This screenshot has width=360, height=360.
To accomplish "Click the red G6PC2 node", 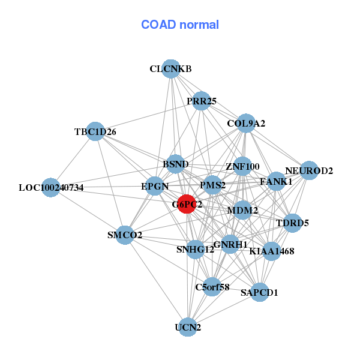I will [187, 204].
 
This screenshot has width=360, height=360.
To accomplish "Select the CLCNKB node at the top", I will [171, 69].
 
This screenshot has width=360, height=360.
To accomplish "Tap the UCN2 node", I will [188, 327].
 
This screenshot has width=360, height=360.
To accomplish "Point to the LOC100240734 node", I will [51, 188].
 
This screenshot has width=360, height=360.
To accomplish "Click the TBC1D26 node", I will [95, 131].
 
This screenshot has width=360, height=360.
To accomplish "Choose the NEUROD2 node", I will [308, 170].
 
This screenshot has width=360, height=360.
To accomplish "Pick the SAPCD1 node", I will [259, 292].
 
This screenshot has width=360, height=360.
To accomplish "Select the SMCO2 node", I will [125, 235].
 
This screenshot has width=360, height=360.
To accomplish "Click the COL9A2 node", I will [246, 124].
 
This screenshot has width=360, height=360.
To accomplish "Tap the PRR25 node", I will [201, 101].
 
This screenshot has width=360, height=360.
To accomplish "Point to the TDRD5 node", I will [292, 223].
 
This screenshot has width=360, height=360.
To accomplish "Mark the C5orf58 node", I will [212, 287].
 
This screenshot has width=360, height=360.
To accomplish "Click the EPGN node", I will [155, 186].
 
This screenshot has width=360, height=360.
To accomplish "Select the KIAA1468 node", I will [271, 251].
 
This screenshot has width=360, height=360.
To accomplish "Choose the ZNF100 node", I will [242, 166].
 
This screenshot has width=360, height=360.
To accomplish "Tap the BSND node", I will [176, 164].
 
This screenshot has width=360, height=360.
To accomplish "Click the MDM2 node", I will [242, 210].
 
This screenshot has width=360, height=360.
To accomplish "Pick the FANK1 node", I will [276, 181].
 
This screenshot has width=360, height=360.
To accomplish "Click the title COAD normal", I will [180, 25].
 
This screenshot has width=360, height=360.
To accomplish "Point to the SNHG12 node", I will [195, 249].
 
